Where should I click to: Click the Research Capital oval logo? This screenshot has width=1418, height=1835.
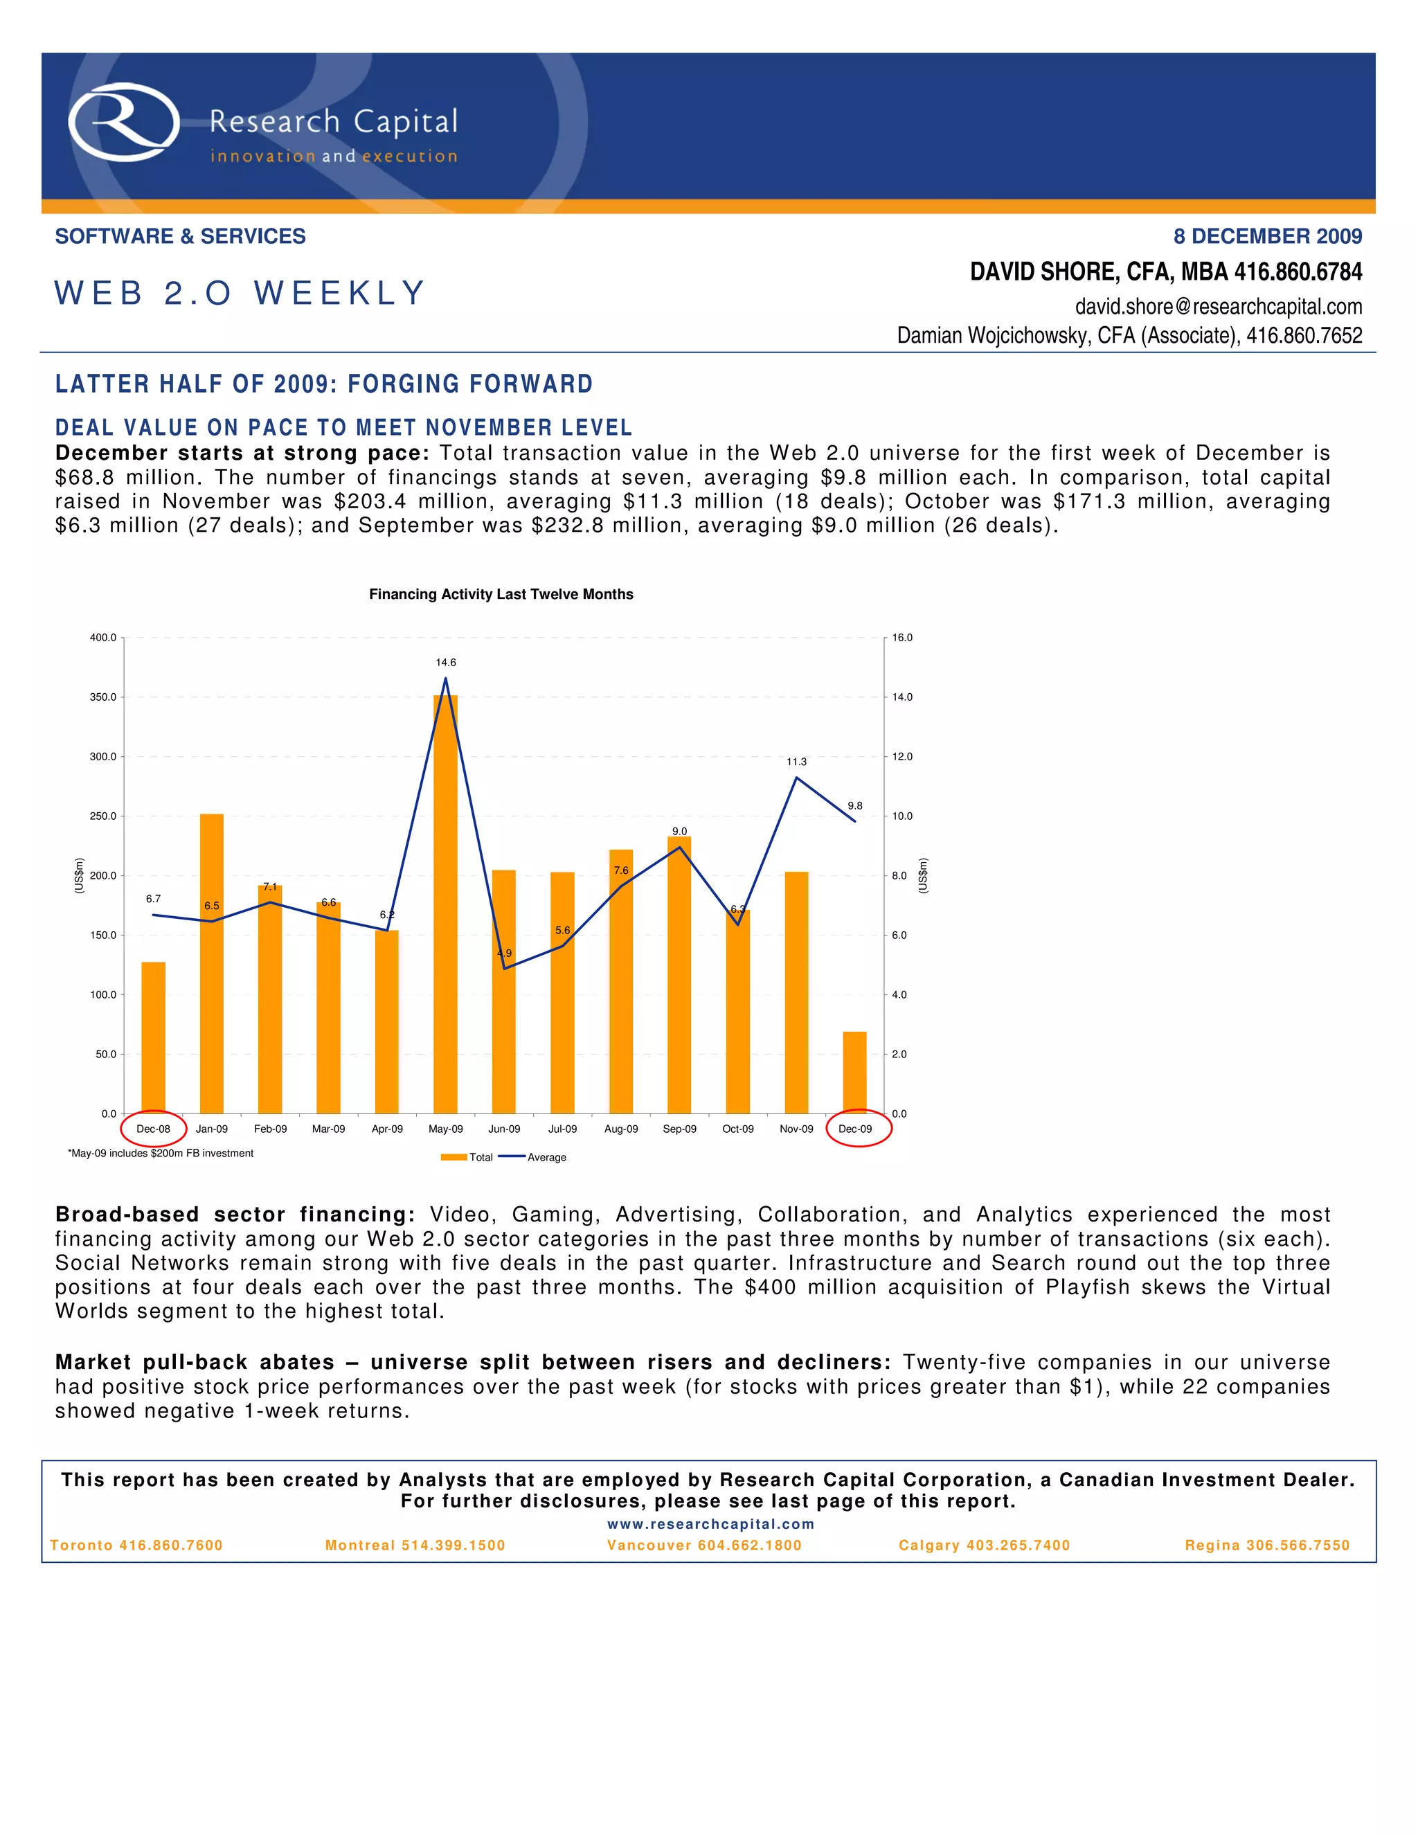click(x=123, y=123)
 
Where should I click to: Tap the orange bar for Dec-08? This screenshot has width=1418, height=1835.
click(x=153, y=1038)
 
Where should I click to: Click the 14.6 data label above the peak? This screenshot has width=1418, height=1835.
click(x=445, y=663)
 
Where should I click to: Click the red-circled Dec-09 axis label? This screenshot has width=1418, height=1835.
click(x=855, y=1129)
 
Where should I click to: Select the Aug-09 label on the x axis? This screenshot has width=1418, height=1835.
click(x=621, y=1129)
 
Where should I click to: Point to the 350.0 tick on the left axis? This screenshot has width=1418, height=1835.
click(x=103, y=697)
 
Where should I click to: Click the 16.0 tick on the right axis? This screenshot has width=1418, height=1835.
click(x=902, y=638)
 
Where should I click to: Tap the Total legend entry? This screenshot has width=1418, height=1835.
click(x=468, y=1158)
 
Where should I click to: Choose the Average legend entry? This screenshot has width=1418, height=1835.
click(x=533, y=1158)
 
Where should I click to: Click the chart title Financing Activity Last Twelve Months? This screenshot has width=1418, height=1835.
click(x=501, y=595)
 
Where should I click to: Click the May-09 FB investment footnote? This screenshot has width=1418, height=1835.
click(x=161, y=1154)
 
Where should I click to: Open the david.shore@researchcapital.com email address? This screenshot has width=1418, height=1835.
click(x=1218, y=307)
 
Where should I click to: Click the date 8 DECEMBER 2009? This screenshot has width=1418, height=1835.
click(x=1268, y=237)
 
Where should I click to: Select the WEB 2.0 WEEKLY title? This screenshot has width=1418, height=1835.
click(x=240, y=293)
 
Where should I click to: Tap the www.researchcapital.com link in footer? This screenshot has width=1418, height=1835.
click(x=710, y=1524)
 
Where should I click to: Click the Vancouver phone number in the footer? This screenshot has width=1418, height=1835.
click(x=704, y=1545)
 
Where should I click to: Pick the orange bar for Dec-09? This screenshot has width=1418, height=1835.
click(x=854, y=1073)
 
